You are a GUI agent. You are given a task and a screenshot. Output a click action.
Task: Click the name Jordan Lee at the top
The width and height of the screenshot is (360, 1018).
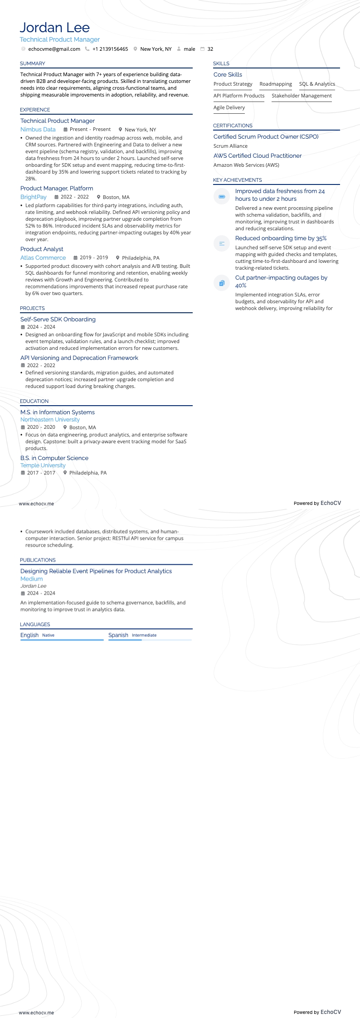click(55, 28)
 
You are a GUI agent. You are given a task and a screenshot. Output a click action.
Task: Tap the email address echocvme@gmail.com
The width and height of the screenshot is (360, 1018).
click(54, 49)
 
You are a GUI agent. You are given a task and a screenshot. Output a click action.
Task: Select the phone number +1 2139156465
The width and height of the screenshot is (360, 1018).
click(110, 49)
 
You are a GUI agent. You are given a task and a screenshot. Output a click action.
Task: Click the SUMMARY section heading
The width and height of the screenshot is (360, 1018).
click(33, 63)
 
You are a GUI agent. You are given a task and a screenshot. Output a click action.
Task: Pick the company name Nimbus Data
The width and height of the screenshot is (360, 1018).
click(38, 129)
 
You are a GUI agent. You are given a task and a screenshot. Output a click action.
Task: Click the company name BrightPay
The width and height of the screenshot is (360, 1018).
click(34, 197)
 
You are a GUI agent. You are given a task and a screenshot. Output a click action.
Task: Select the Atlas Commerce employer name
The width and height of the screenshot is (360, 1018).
click(43, 257)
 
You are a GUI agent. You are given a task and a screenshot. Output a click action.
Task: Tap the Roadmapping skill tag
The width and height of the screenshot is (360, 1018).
click(276, 84)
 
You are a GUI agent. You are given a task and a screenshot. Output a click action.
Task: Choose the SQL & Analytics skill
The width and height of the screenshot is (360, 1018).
click(317, 84)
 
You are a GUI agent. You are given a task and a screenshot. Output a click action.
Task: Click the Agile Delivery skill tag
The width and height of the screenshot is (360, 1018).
click(229, 107)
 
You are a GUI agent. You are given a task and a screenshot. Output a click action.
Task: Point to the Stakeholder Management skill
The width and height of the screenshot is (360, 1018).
click(302, 96)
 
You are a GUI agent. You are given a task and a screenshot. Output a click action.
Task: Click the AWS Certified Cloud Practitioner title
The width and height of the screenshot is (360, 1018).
click(258, 155)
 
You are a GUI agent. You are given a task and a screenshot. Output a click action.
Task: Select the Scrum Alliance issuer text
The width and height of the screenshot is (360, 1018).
click(230, 146)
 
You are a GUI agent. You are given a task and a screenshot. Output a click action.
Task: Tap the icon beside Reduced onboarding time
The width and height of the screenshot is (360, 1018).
click(222, 243)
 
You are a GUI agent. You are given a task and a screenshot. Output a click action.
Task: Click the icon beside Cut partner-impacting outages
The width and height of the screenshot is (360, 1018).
click(222, 283)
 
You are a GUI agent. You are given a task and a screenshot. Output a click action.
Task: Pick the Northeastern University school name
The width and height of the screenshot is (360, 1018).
click(50, 420)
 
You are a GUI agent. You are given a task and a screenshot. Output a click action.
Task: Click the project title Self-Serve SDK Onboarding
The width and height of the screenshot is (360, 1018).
click(58, 319)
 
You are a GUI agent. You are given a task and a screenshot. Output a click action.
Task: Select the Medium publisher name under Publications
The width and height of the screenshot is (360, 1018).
click(32, 579)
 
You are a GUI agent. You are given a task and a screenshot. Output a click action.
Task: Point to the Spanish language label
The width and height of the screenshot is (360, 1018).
click(118, 635)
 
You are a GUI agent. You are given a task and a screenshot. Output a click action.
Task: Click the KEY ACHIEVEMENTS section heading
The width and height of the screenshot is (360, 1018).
click(238, 180)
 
